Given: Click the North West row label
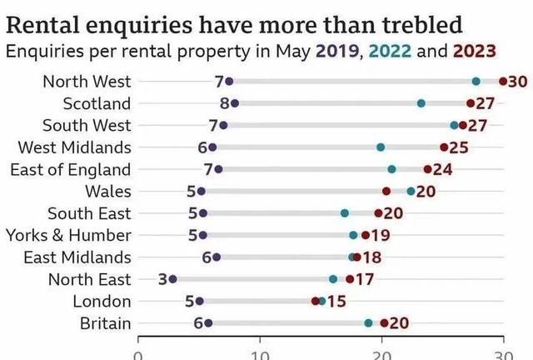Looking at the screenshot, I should coord(87,82).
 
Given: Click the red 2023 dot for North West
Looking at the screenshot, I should coord(502,81).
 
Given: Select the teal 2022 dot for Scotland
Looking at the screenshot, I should coord(421,103).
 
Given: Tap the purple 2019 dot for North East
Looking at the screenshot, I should coord(172,279).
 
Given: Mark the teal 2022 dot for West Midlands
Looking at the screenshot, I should coord(381,147).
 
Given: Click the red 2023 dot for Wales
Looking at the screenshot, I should coord(386,191).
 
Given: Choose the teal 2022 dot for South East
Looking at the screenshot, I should coord(345,213).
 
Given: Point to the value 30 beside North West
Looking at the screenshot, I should coord(518,82).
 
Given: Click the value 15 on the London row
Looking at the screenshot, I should coord(337,301).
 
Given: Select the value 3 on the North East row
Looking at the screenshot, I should coord(162,279).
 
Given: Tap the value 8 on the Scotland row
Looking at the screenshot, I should coord(224,103).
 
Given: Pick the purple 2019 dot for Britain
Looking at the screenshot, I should coord(208,323).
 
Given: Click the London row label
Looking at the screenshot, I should coord(102,301).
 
